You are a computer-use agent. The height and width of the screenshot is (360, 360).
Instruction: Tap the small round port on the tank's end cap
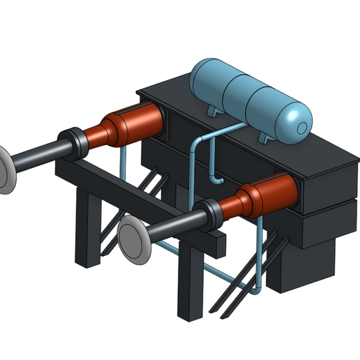click(301, 128)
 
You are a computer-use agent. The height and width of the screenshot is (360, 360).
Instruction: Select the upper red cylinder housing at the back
click(133, 126)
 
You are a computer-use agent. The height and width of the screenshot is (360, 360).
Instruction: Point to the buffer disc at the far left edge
click(3, 170)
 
